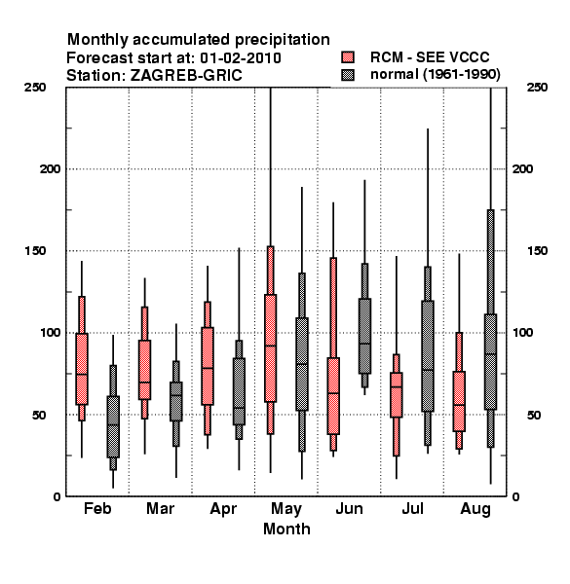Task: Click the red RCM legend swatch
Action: point(348,57)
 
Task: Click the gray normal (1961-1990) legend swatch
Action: point(348,75)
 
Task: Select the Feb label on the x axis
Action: point(97,508)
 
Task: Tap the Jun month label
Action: point(349,508)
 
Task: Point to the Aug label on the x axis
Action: point(475,509)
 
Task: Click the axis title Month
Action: point(286,529)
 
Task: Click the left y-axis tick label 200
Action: point(50,169)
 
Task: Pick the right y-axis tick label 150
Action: point(537,251)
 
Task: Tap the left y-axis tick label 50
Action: point(39,415)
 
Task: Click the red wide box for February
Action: point(82,369)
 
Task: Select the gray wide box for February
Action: point(113,427)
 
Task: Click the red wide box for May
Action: point(270,348)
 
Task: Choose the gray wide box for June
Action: point(364,336)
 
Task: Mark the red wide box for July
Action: point(397,395)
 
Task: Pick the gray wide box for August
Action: point(491,362)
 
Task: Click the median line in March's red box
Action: point(144,383)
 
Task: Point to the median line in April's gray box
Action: point(239,408)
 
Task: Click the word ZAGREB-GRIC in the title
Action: point(186,75)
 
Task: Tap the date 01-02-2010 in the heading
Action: point(241,58)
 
